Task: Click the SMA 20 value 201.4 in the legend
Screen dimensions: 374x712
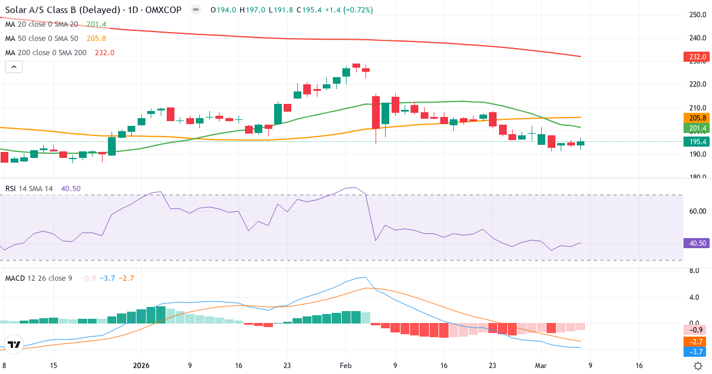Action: [96, 24]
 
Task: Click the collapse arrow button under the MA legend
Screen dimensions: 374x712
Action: [14, 67]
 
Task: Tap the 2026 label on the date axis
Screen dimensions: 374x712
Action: [141, 366]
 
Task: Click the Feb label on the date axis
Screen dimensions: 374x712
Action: [346, 366]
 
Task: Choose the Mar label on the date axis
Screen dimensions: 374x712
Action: [541, 366]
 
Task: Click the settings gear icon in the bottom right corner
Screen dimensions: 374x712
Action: [698, 366]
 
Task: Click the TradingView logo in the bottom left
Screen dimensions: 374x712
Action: [15, 344]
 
